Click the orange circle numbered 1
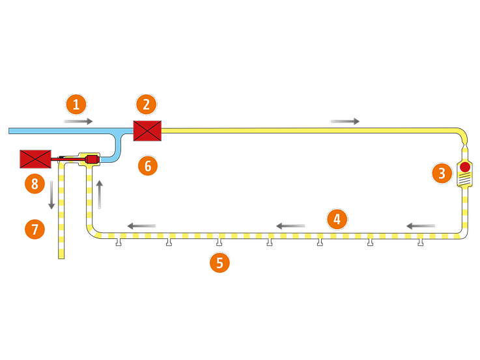tap(77, 104)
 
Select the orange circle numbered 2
tap(147, 104)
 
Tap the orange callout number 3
tap(442, 173)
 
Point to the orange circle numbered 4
tap(337, 219)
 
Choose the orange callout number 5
tap(219, 263)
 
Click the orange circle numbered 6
tap(148, 166)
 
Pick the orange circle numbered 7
tap(35, 228)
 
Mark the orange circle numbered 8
tap(35, 183)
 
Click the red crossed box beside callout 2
tap(147, 131)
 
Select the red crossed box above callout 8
tap(35, 158)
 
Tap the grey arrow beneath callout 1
tap(79, 122)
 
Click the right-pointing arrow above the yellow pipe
tap(345, 122)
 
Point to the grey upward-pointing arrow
tap(100, 195)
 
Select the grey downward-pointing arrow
tap(51, 195)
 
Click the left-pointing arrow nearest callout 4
tap(290, 226)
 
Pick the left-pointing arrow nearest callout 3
tap(421, 226)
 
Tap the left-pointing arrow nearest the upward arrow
tap(141, 226)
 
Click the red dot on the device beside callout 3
tap(465, 167)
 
